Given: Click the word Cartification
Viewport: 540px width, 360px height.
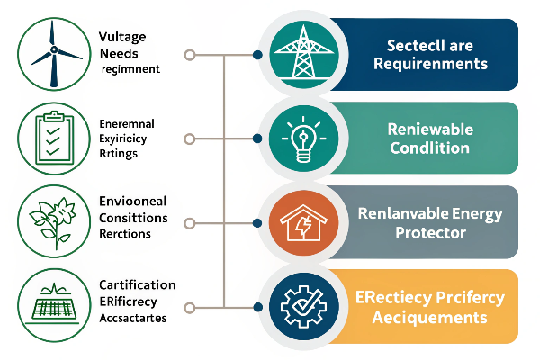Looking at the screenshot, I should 137,285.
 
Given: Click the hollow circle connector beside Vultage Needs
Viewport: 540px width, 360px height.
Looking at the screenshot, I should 189,55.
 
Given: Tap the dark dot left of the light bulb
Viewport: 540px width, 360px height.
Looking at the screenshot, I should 258,139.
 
